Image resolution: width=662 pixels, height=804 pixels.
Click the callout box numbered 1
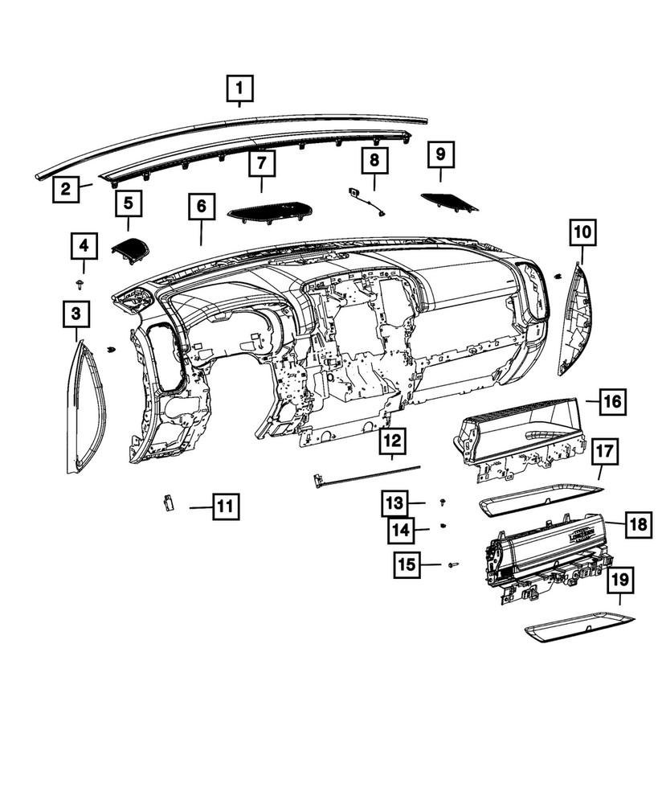(239, 87)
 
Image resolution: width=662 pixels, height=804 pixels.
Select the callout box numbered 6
(201, 207)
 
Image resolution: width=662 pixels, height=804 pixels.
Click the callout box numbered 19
(619, 580)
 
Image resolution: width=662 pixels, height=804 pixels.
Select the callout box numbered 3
(76, 312)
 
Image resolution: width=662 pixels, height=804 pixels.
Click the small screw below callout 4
(80, 284)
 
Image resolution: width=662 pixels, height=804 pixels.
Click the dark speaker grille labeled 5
(129, 250)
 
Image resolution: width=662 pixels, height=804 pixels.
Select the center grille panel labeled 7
(269, 211)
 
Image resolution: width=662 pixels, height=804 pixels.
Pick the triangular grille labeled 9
(448, 201)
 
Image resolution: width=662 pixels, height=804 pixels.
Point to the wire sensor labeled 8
(366, 202)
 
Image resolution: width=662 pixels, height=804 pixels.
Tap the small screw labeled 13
(443, 502)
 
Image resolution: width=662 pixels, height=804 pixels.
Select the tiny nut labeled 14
(443, 527)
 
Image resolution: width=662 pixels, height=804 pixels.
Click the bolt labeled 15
(452, 564)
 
